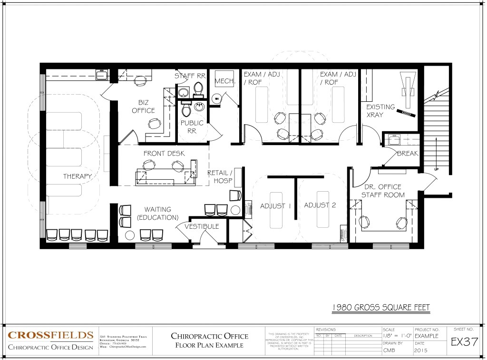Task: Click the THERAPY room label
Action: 78,176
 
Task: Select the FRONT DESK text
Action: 164,153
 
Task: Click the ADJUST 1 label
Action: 275,205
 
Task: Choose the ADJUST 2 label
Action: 320,205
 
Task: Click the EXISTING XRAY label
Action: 380,111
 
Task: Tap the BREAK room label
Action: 407,153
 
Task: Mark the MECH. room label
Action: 225,82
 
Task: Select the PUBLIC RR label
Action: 192,127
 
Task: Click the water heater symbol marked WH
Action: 217,99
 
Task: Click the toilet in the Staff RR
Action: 198,90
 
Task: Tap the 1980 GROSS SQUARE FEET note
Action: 380,307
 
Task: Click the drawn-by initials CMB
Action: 389,351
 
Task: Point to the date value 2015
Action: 421,351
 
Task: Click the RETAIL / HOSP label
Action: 220,177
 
